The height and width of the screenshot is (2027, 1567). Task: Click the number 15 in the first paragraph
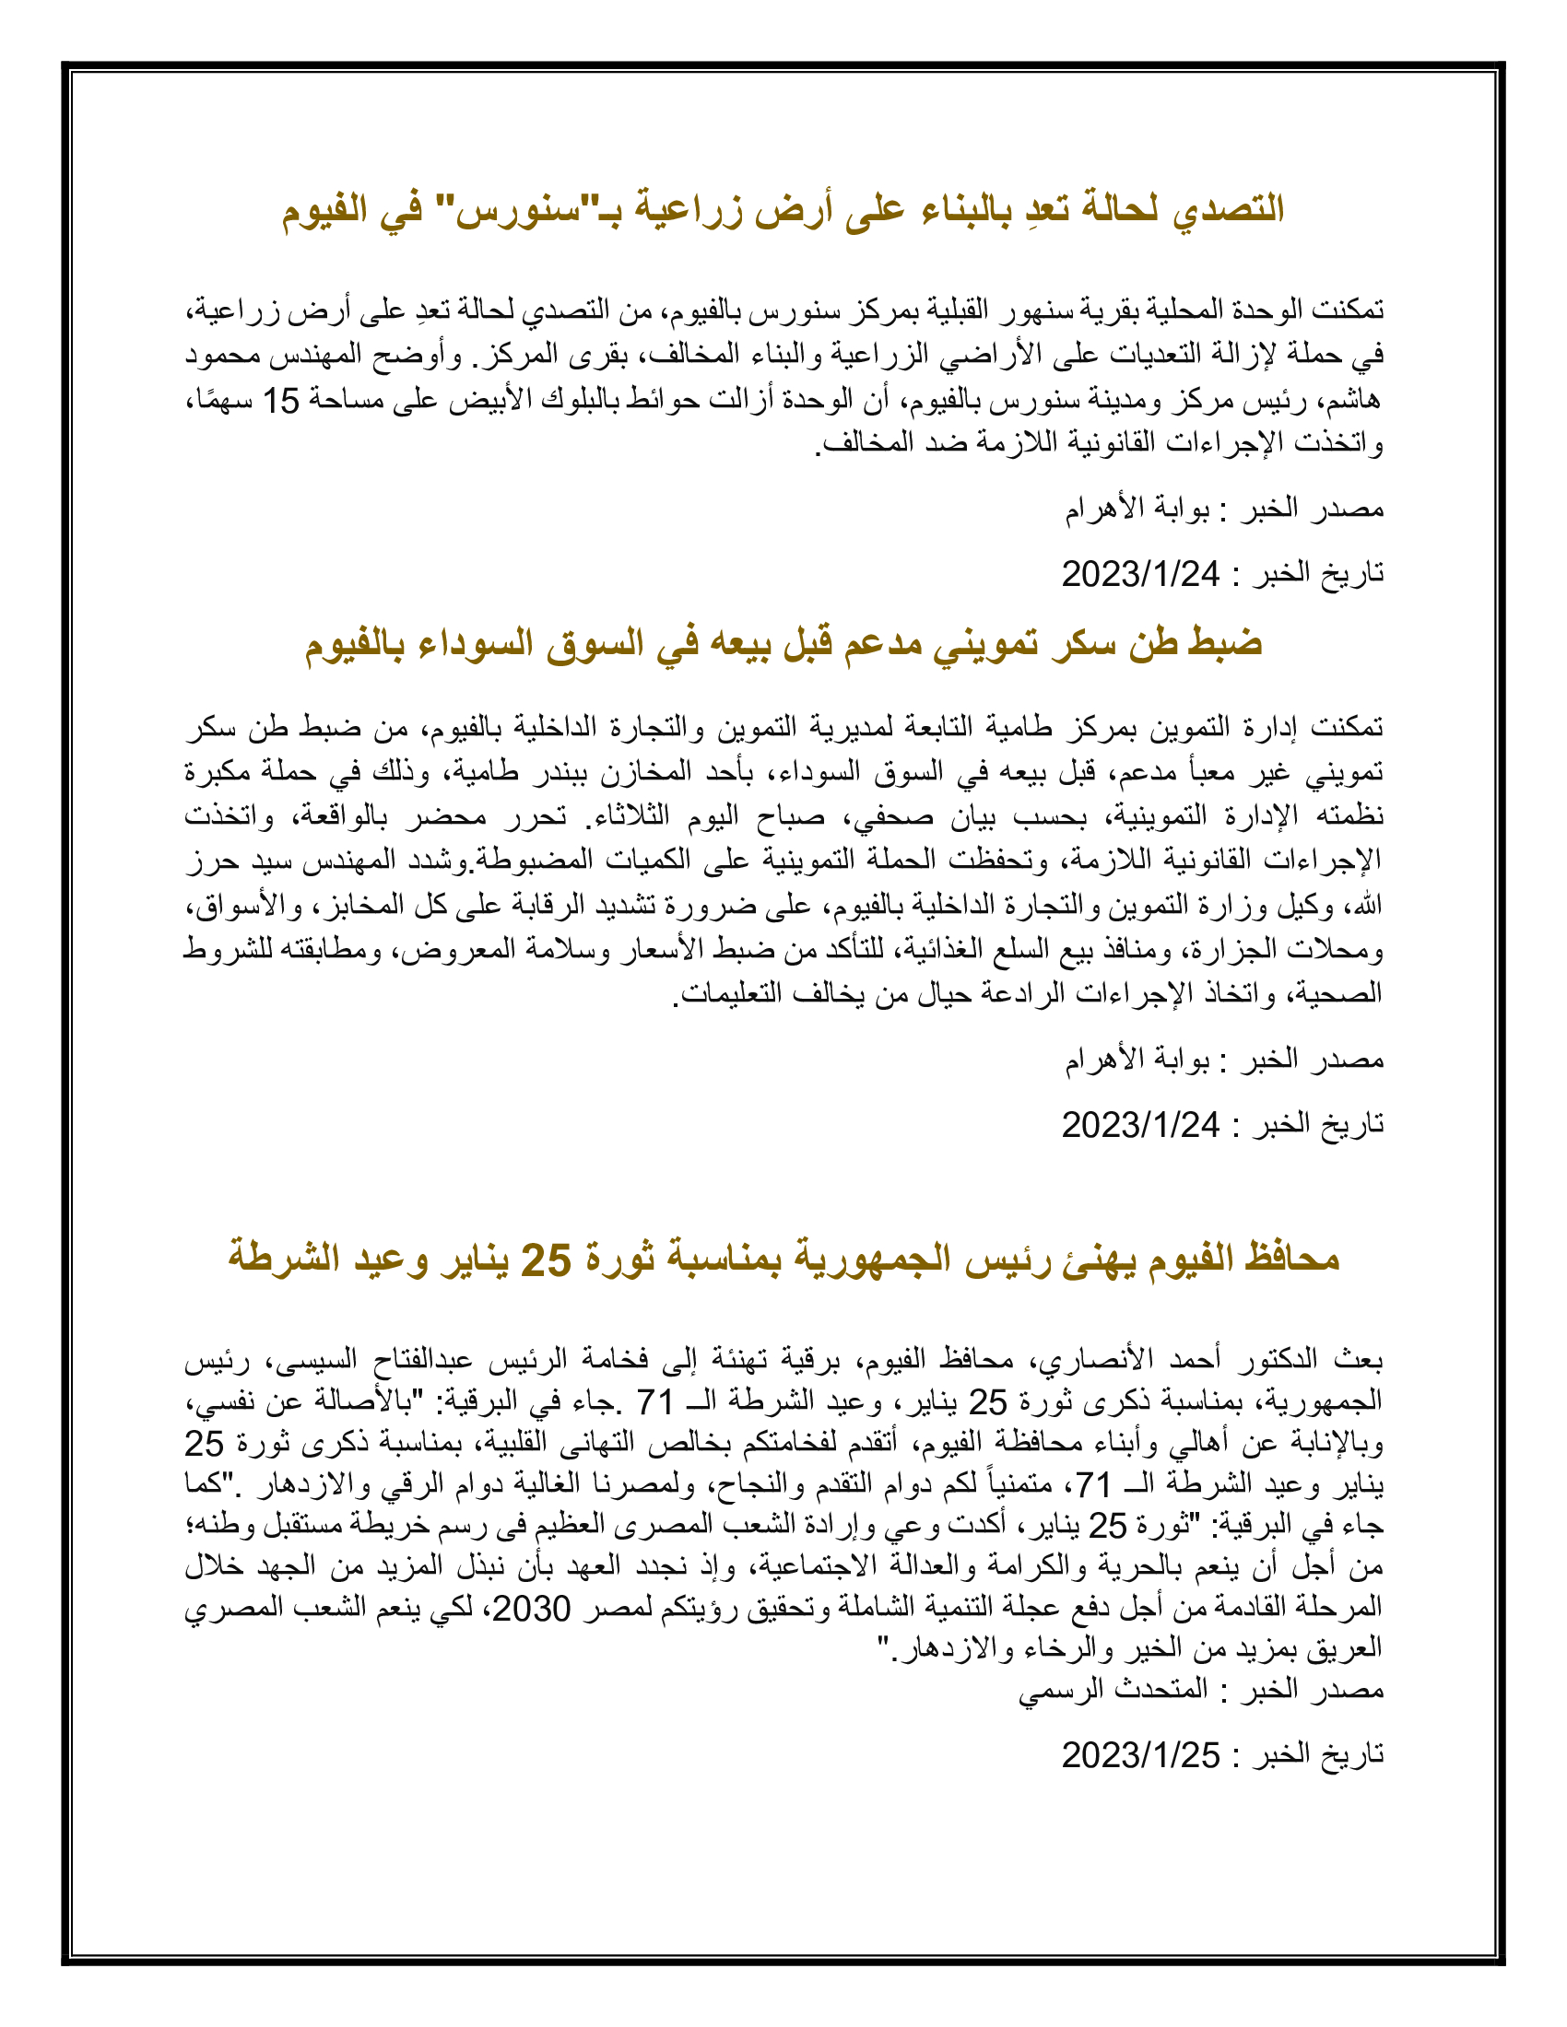[280, 401]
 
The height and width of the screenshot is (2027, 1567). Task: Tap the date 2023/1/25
[1141, 1754]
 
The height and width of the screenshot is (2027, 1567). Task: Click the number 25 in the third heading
[546, 1260]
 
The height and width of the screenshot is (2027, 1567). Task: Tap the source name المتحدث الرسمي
[1113, 1688]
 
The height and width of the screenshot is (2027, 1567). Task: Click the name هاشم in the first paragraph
[1354, 401]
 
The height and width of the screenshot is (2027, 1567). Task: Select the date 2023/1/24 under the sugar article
[1141, 1125]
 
